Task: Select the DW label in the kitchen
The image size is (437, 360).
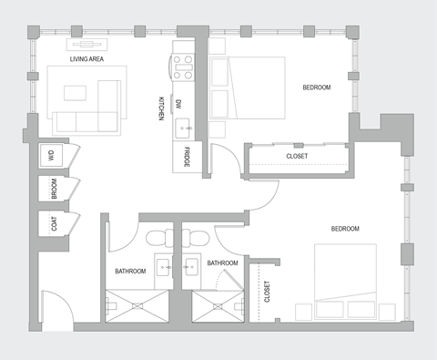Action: [179, 104]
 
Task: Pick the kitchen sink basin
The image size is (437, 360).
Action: [182, 126]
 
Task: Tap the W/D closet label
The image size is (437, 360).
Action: [54, 155]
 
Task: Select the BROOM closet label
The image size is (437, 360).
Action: [54, 189]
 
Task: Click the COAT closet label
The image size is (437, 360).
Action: [54, 222]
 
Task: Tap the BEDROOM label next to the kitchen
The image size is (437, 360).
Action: [316, 87]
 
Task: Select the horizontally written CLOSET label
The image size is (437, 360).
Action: [297, 156]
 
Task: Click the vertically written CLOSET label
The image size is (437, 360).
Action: [267, 292]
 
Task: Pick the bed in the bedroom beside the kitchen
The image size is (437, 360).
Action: [247, 87]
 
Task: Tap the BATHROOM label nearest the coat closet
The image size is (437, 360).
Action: [131, 272]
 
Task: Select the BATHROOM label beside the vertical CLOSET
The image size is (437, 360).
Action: [222, 263]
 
